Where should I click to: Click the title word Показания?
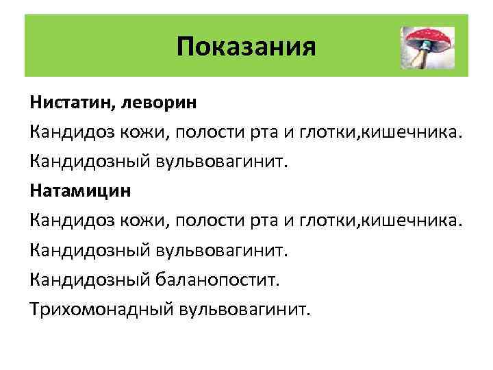pos(246,47)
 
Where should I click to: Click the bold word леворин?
pos(160,103)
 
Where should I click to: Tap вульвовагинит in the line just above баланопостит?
pos(232,249)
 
